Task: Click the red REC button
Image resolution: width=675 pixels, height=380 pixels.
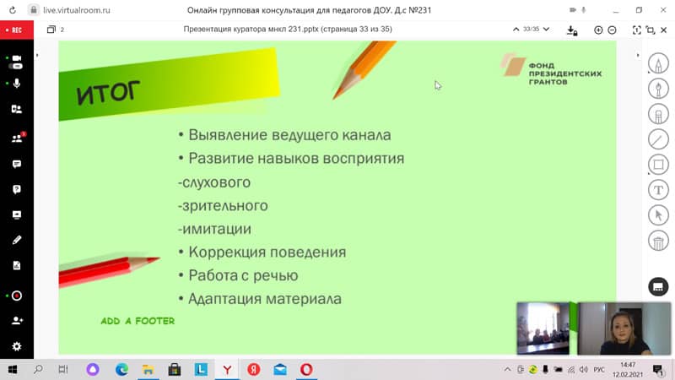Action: click(x=16, y=30)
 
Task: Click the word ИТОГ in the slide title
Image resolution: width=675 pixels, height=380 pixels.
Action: click(x=108, y=92)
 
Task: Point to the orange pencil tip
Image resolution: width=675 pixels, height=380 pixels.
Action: click(x=334, y=96)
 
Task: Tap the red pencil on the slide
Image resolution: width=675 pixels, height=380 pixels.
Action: click(x=109, y=269)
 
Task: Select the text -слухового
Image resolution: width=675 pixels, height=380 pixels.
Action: click(x=214, y=182)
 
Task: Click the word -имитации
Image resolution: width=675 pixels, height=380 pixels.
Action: click(x=214, y=229)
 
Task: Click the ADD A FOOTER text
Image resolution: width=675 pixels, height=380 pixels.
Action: click(x=138, y=321)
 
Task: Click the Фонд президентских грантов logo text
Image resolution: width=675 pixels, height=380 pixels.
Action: click(x=564, y=73)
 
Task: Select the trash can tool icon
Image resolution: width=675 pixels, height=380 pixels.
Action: click(x=658, y=242)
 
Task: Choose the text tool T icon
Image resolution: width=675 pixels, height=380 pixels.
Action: click(x=658, y=190)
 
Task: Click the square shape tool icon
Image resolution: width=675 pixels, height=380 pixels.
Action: click(x=658, y=165)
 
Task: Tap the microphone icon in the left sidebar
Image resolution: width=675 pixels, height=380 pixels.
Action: click(x=17, y=83)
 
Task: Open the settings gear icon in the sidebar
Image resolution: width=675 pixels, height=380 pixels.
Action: click(x=17, y=346)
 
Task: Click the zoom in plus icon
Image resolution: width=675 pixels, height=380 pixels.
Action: click(x=598, y=30)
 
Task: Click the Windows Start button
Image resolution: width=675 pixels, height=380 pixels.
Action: click(x=12, y=369)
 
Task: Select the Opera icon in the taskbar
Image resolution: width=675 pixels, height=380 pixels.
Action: click(x=306, y=369)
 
